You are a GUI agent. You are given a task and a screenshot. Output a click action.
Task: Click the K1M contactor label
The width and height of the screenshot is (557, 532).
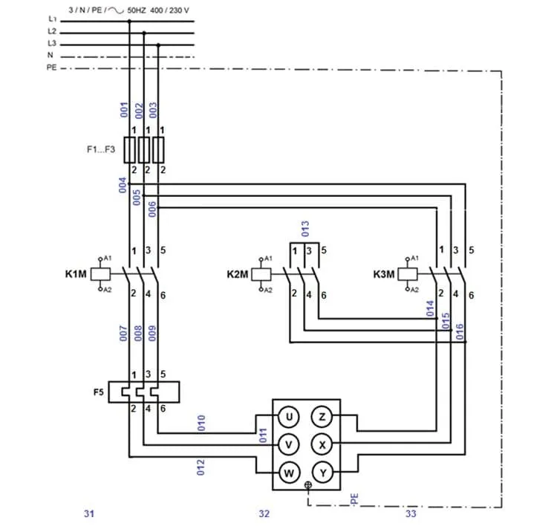coord(76,274)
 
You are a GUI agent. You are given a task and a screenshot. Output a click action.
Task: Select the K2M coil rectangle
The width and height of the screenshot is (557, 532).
coord(261,274)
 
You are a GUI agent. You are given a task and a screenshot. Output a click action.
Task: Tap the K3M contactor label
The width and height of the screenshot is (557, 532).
coord(384,274)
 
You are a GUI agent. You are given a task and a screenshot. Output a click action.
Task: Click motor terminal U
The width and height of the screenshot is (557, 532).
coord(288,417)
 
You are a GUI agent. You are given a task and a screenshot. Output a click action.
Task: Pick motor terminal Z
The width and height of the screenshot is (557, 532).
coord(322,417)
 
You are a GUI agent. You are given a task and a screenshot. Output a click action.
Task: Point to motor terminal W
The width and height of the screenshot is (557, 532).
coord(288,473)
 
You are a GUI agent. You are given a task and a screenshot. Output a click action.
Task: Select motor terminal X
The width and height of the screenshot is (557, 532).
coord(322,444)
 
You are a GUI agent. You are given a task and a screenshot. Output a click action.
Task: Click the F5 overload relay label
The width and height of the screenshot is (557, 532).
coord(98,392)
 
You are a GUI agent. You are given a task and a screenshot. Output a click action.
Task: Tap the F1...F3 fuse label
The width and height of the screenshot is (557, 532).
coord(101,149)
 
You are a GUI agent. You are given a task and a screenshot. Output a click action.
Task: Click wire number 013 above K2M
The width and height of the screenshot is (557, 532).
coord(305,229)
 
